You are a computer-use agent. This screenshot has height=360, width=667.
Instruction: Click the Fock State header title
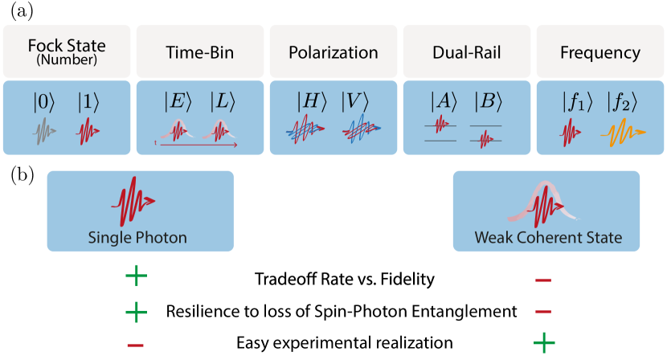[67, 45]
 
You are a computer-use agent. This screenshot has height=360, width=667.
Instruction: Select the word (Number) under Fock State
[67, 59]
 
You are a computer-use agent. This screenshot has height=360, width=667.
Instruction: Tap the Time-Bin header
[199, 53]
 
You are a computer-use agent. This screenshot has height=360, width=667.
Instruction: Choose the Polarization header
[333, 53]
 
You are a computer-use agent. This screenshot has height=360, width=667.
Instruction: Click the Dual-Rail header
[466, 53]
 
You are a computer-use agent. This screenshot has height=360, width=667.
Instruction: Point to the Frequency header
[599, 53]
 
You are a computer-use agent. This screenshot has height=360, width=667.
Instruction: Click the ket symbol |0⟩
[44, 102]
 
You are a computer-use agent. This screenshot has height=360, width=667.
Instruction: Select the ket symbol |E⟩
[178, 102]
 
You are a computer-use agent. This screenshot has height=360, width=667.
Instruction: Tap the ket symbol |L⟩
[223, 102]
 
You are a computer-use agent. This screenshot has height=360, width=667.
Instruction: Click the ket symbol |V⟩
[355, 102]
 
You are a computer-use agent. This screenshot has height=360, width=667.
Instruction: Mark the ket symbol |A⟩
[443, 102]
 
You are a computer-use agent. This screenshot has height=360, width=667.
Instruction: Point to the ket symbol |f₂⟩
[623, 102]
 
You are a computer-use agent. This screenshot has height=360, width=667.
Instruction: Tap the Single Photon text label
[137, 238]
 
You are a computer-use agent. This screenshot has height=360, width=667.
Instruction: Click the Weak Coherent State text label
[547, 238]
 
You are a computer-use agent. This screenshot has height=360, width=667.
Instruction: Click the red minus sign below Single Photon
[136, 346]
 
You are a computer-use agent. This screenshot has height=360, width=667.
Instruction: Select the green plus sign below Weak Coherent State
[544, 344]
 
